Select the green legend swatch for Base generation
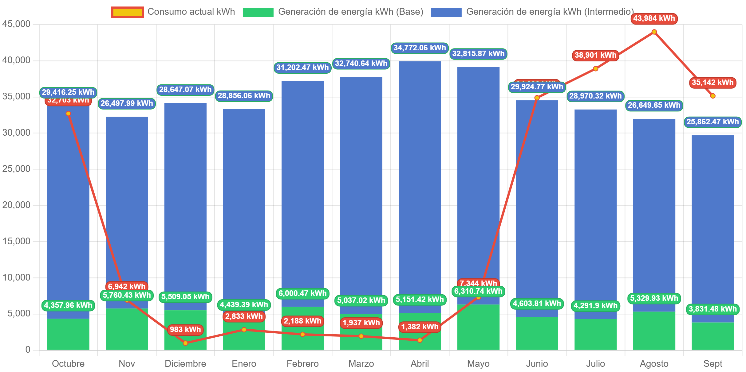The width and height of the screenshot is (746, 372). [258, 12]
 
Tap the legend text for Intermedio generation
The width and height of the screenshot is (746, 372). [550, 12]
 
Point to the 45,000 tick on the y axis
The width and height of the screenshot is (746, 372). [16, 24]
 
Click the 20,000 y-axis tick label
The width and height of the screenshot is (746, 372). [16, 205]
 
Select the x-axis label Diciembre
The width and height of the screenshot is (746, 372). [185, 364]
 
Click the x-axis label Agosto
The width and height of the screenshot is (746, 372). [654, 364]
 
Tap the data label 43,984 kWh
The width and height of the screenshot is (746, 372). [654, 18]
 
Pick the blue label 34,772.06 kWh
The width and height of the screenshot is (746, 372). [420, 48]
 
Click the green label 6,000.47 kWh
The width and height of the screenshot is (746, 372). [302, 293]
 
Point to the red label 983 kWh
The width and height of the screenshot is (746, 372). [185, 330]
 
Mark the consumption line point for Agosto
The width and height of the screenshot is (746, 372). [654, 32]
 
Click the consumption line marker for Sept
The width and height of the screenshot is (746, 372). [713, 96]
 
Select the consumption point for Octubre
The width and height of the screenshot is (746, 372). [68, 114]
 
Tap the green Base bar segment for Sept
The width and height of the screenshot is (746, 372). [713, 336]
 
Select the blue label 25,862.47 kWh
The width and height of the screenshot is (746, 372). [713, 122]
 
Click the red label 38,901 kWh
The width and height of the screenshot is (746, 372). [595, 55]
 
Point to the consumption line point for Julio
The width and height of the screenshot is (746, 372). [595, 69]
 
